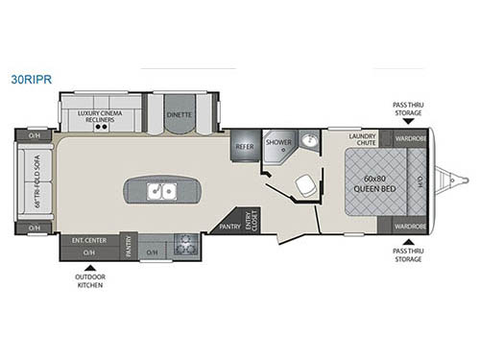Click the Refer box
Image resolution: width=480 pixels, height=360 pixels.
243,146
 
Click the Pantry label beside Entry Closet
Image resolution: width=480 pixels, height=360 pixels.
228,228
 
